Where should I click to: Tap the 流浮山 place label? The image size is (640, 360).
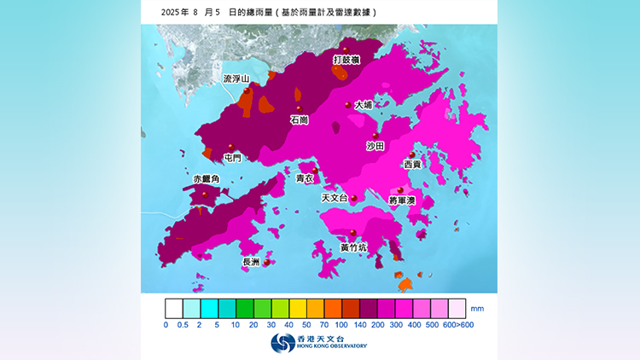[x=236, y=78]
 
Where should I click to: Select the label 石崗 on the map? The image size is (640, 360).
[x=300, y=120]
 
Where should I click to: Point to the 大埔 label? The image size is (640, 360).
[x=364, y=105]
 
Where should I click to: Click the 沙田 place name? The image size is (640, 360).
[x=375, y=147]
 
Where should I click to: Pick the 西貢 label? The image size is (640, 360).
[x=412, y=164]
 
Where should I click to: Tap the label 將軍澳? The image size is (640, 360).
[x=401, y=200]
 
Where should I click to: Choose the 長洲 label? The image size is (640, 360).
[x=252, y=263]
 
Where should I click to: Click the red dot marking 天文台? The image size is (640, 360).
[x=354, y=198]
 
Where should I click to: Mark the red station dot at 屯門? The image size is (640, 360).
[x=231, y=147]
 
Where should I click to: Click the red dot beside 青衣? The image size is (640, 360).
[x=315, y=171]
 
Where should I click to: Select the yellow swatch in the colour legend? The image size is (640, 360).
[x=299, y=307]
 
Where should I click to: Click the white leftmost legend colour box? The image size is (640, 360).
[x=174, y=307]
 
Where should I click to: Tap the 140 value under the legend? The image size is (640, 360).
[x=360, y=325]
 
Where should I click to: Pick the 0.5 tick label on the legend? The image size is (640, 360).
[x=183, y=325]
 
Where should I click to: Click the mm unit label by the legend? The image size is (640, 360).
[x=477, y=307]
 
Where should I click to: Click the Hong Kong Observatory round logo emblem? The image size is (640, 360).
[x=282, y=343]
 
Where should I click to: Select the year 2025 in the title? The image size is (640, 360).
[x=172, y=13]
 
